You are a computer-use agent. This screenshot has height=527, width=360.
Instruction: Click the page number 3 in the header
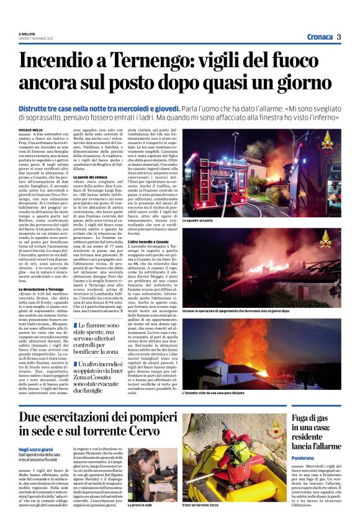(339, 37)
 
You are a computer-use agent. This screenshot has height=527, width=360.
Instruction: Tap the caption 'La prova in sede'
(140, 505)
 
